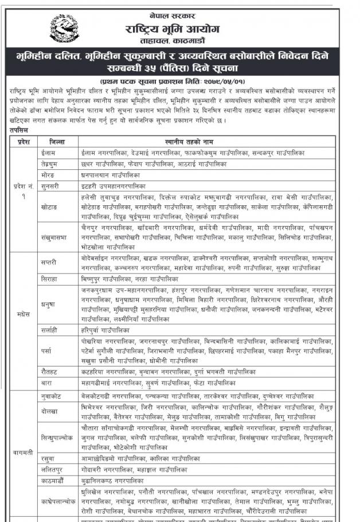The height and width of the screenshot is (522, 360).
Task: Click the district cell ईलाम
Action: point(49,154)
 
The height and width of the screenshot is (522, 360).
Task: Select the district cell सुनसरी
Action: point(52,186)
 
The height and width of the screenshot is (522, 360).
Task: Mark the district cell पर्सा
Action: point(48,349)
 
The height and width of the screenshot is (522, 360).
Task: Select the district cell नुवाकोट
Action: point(53,396)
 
